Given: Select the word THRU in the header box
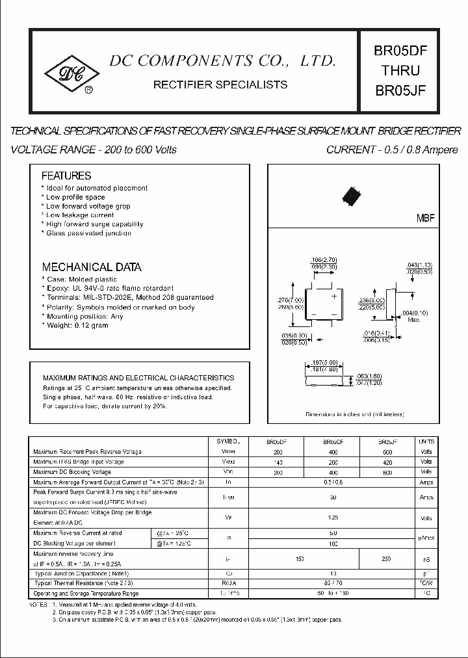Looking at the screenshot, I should coord(400,70).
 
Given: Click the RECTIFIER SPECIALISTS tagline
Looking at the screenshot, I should coord(220,85).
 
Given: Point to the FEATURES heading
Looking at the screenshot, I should coord(66,176).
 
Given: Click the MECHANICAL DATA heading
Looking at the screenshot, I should coord(92,267).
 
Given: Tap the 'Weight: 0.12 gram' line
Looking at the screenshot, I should coord(77,325).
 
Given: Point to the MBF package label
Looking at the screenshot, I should coord(425,218).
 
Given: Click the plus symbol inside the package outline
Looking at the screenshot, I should coord(335,296).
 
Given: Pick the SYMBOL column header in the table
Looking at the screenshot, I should coord(227,441).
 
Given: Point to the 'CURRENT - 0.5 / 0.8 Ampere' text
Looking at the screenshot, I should coord(392,150).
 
